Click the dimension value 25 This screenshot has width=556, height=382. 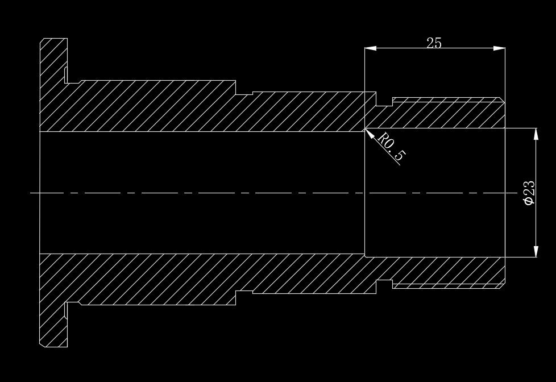pos(434,43)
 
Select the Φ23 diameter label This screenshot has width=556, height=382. pos(529,193)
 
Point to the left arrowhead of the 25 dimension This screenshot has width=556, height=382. pos(370,48)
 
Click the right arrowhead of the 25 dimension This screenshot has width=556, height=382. pos(500,48)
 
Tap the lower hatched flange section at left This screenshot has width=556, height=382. pos(53,313)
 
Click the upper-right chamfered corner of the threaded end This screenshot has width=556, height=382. pos(503,100)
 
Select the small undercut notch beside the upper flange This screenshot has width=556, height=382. pos(67,75)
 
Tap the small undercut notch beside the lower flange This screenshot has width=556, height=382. pos(67,310)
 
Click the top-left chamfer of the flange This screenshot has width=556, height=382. pos(42,40)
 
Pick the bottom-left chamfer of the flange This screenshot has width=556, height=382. pos(42,344)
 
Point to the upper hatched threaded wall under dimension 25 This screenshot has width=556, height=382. pos(443,114)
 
